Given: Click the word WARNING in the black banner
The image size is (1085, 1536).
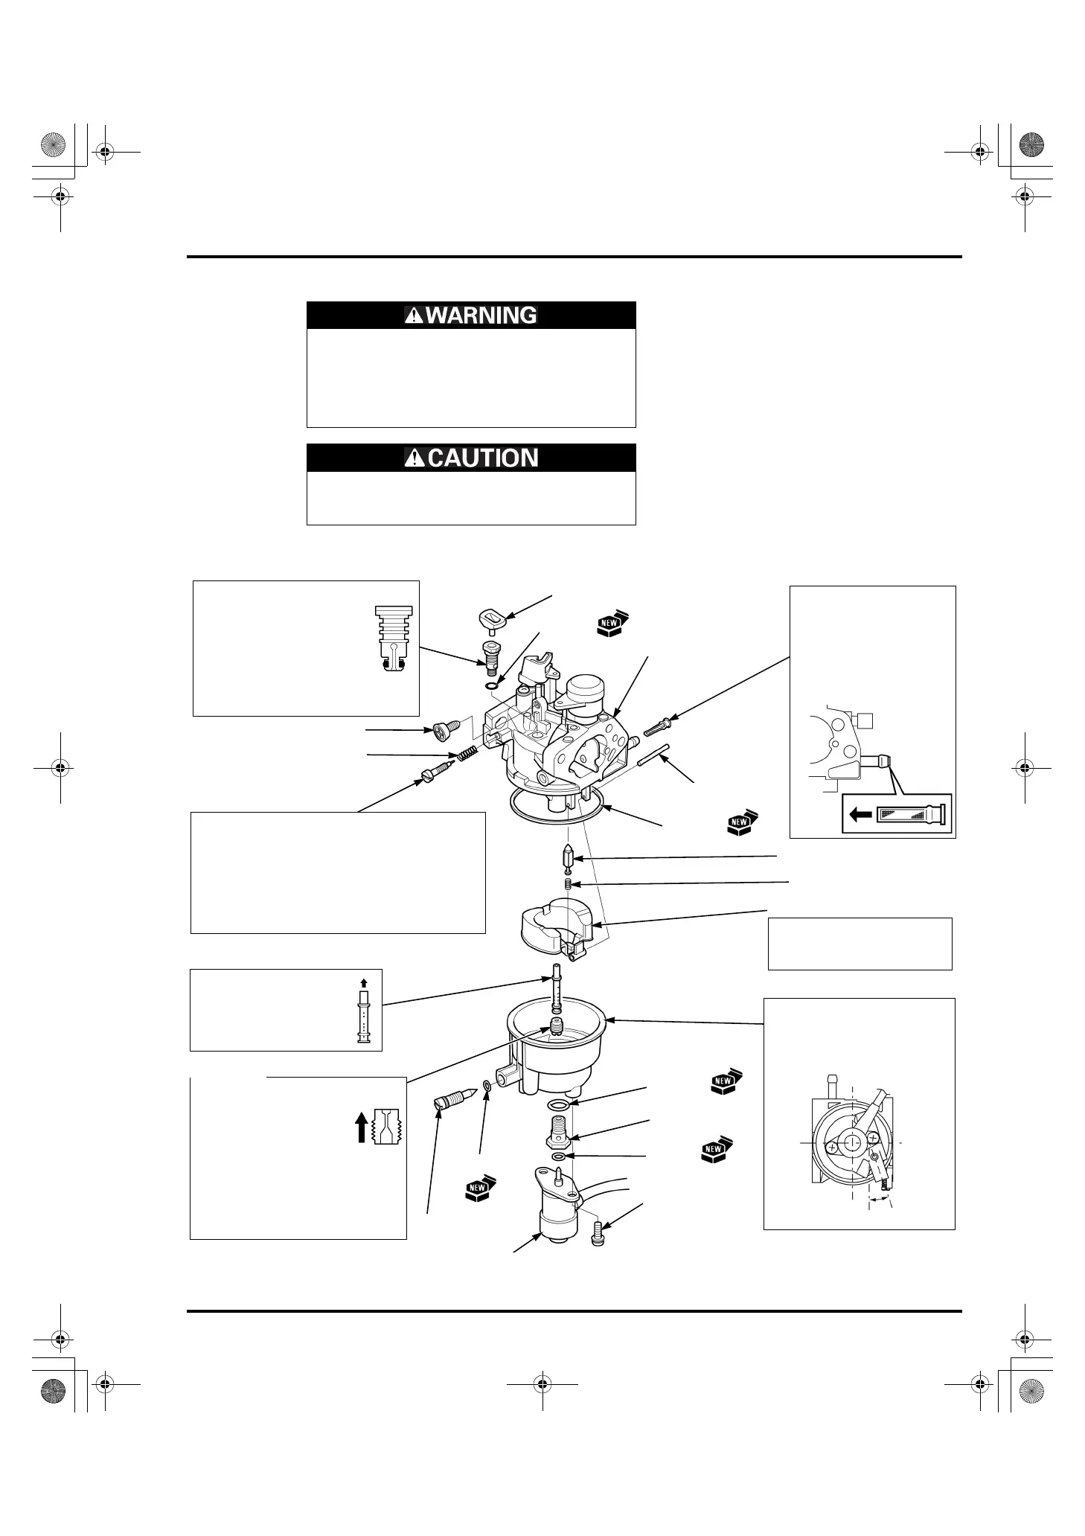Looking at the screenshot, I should pos(481,316).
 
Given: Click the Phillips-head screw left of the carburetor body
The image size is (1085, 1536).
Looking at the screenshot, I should pos(441,732).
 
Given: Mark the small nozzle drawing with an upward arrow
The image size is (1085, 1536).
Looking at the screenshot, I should pos(364,1014).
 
